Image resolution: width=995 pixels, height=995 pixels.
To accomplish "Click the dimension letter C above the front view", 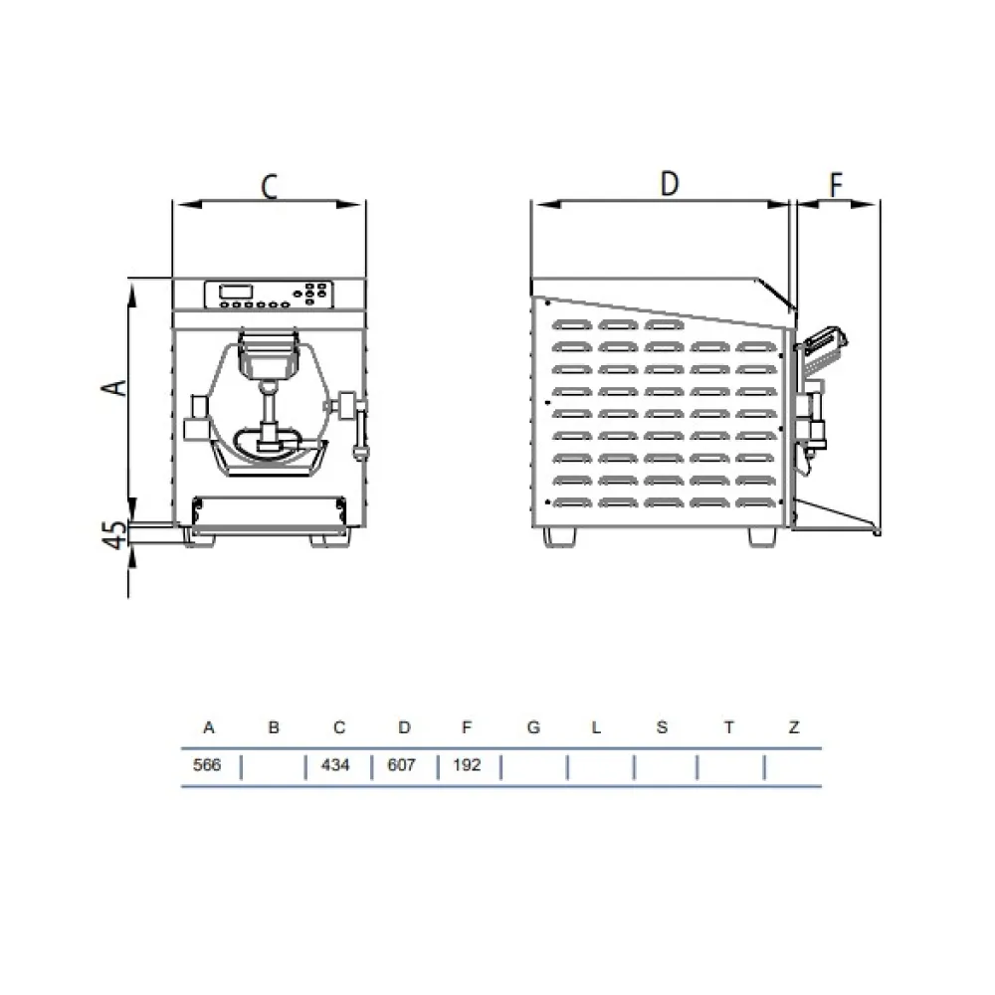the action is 269,187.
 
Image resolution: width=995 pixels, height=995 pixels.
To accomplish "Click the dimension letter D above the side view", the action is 670,183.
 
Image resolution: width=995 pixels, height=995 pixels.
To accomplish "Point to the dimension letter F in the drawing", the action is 837,185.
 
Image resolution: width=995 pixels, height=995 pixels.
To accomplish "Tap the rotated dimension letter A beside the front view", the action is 114,387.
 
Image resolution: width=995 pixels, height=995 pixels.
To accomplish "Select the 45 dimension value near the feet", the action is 114,535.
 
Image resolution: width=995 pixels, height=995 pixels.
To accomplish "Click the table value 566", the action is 207,764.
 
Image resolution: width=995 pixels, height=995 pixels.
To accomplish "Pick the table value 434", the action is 335,764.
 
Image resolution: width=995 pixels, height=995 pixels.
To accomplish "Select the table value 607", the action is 401,764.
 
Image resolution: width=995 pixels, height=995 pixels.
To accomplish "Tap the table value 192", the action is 467,764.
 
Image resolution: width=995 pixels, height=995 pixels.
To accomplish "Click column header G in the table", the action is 533,727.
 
